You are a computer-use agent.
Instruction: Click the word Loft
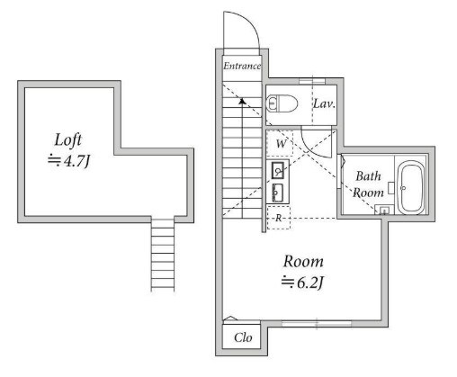pyautogui.click(x=67, y=139)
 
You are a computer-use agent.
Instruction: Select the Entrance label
pyautogui.click(x=242, y=66)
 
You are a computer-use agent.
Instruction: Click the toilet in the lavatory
pyautogui.click(x=282, y=103)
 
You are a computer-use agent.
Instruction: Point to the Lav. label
pyautogui.click(x=324, y=104)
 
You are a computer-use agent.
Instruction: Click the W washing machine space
pyautogui.click(x=280, y=144)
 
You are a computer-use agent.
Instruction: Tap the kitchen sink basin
pyautogui.click(x=278, y=170)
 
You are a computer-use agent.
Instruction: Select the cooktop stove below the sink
pyautogui.click(x=277, y=193)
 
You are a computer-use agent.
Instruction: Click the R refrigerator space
pyautogui.click(x=279, y=218)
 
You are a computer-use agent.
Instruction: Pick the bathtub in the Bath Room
pyautogui.click(x=411, y=187)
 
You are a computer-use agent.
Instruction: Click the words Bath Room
pyautogui.click(x=368, y=184)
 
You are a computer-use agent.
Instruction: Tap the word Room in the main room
pyautogui.click(x=303, y=262)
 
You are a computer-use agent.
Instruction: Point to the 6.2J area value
pyautogui.click(x=310, y=283)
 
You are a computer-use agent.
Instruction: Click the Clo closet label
pyautogui.click(x=243, y=337)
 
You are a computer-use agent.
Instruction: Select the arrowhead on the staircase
pyautogui.click(x=242, y=101)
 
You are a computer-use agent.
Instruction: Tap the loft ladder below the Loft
pyautogui.click(x=163, y=255)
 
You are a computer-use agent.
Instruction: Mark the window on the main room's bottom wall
pyautogui.click(x=317, y=324)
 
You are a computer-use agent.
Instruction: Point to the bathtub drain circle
pyautogui.click(x=403, y=188)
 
